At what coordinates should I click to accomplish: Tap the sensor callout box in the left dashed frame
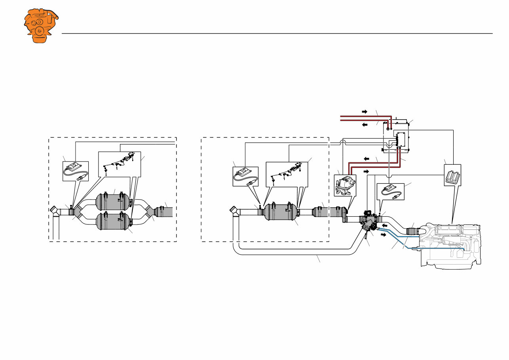click(x=76, y=171)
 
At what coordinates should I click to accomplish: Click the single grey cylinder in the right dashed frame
click(x=280, y=212)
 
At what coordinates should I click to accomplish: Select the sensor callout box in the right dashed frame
click(x=245, y=176)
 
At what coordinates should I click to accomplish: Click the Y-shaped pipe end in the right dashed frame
click(x=235, y=211)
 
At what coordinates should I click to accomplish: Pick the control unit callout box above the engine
click(x=452, y=175)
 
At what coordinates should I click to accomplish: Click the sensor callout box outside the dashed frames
click(x=390, y=191)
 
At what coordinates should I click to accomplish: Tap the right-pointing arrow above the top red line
click(x=365, y=112)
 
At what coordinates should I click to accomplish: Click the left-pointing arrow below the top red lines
click(x=365, y=124)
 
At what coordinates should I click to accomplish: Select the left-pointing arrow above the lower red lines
click(x=367, y=158)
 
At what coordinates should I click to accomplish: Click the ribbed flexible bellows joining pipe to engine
click(x=412, y=231)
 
